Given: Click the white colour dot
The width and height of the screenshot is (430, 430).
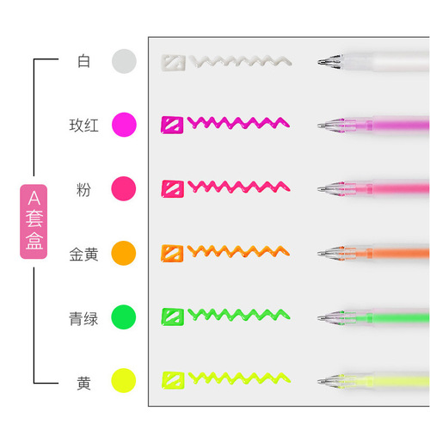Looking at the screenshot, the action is [x=124, y=61].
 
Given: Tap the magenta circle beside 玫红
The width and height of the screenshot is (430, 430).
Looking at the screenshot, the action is [x=124, y=125].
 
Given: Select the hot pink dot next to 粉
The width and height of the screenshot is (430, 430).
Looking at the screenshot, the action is [x=124, y=188].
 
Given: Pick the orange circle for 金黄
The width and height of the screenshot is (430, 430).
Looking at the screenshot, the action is [x=124, y=253].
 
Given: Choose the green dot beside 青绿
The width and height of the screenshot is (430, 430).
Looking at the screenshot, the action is [x=124, y=317].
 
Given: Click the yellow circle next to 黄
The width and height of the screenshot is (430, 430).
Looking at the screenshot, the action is [x=124, y=381].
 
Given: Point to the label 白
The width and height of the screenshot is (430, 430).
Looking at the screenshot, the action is [x=84, y=61].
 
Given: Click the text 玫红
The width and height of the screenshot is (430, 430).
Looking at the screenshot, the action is [x=84, y=126].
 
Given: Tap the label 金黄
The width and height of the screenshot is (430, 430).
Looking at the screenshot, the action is [x=84, y=255].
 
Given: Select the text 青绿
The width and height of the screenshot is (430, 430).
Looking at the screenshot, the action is [x=83, y=319].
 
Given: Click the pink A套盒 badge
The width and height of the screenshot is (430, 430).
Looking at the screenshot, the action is [x=34, y=222].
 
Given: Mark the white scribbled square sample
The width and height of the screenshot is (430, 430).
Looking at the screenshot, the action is [x=173, y=63].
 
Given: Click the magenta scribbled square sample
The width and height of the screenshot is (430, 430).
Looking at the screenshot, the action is [x=172, y=125].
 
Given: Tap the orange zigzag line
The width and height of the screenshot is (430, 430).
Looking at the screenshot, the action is [x=238, y=251].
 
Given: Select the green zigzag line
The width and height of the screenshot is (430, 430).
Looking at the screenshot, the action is [x=239, y=315].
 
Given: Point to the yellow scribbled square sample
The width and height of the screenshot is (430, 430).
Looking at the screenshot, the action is [x=173, y=380].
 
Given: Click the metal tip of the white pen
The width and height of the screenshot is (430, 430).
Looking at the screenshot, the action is [x=319, y=62].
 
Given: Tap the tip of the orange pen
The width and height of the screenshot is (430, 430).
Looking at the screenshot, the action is [x=319, y=254].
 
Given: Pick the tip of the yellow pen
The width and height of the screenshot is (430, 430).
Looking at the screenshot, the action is [x=319, y=381].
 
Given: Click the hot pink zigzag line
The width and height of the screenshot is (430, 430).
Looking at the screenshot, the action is [x=239, y=187].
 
